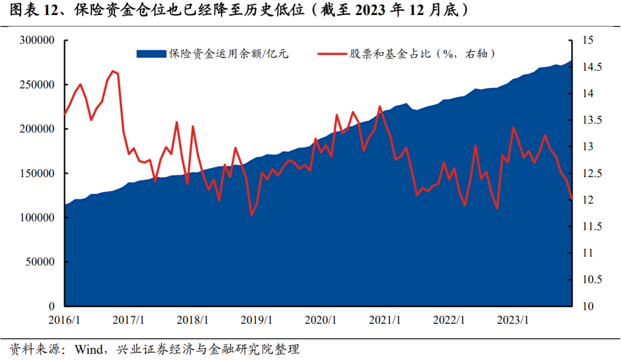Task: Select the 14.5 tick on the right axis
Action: tap(592, 67)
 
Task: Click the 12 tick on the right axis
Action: tap(588, 200)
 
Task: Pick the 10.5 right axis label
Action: tap(592, 279)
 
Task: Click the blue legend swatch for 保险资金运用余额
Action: tap(151, 54)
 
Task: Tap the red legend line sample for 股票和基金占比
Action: tap(332, 54)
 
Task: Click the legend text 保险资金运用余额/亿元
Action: tap(228, 54)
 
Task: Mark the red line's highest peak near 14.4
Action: tap(112, 71)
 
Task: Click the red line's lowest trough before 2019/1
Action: tap(251, 215)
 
